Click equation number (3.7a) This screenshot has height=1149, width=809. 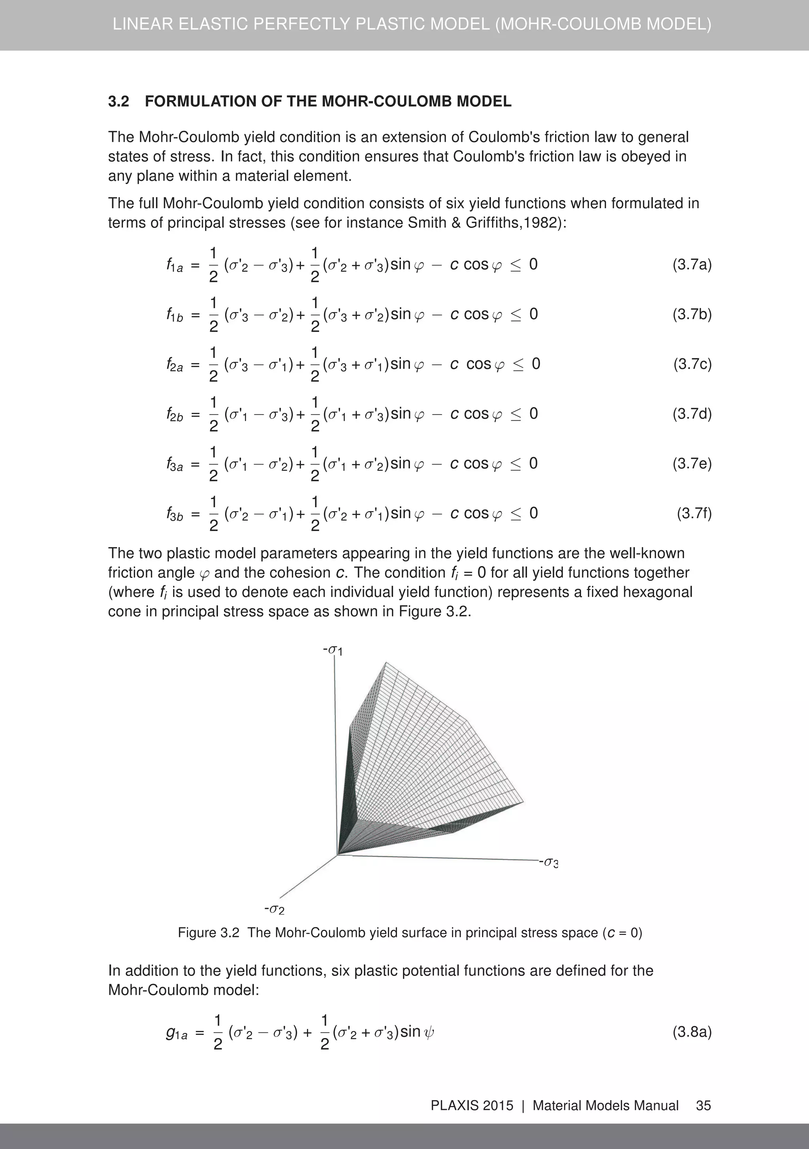(x=691, y=264)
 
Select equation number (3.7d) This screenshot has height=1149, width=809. (x=691, y=414)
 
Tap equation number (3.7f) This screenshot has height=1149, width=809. (x=694, y=513)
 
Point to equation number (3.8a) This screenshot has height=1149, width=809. (x=691, y=1032)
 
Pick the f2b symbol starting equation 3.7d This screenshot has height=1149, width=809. (x=174, y=414)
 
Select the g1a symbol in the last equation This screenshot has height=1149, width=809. (x=176, y=1033)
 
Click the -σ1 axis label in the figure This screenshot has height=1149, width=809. (x=333, y=651)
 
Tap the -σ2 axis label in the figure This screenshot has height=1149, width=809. (x=274, y=909)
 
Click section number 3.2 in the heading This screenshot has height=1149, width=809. (x=119, y=102)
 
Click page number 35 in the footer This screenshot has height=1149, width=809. (x=704, y=1106)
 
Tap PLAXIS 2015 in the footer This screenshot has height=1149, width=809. (x=472, y=1106)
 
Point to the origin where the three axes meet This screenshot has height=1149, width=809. (x=337, y=855)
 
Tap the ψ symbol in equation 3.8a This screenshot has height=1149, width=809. (x=429, y=1032)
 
